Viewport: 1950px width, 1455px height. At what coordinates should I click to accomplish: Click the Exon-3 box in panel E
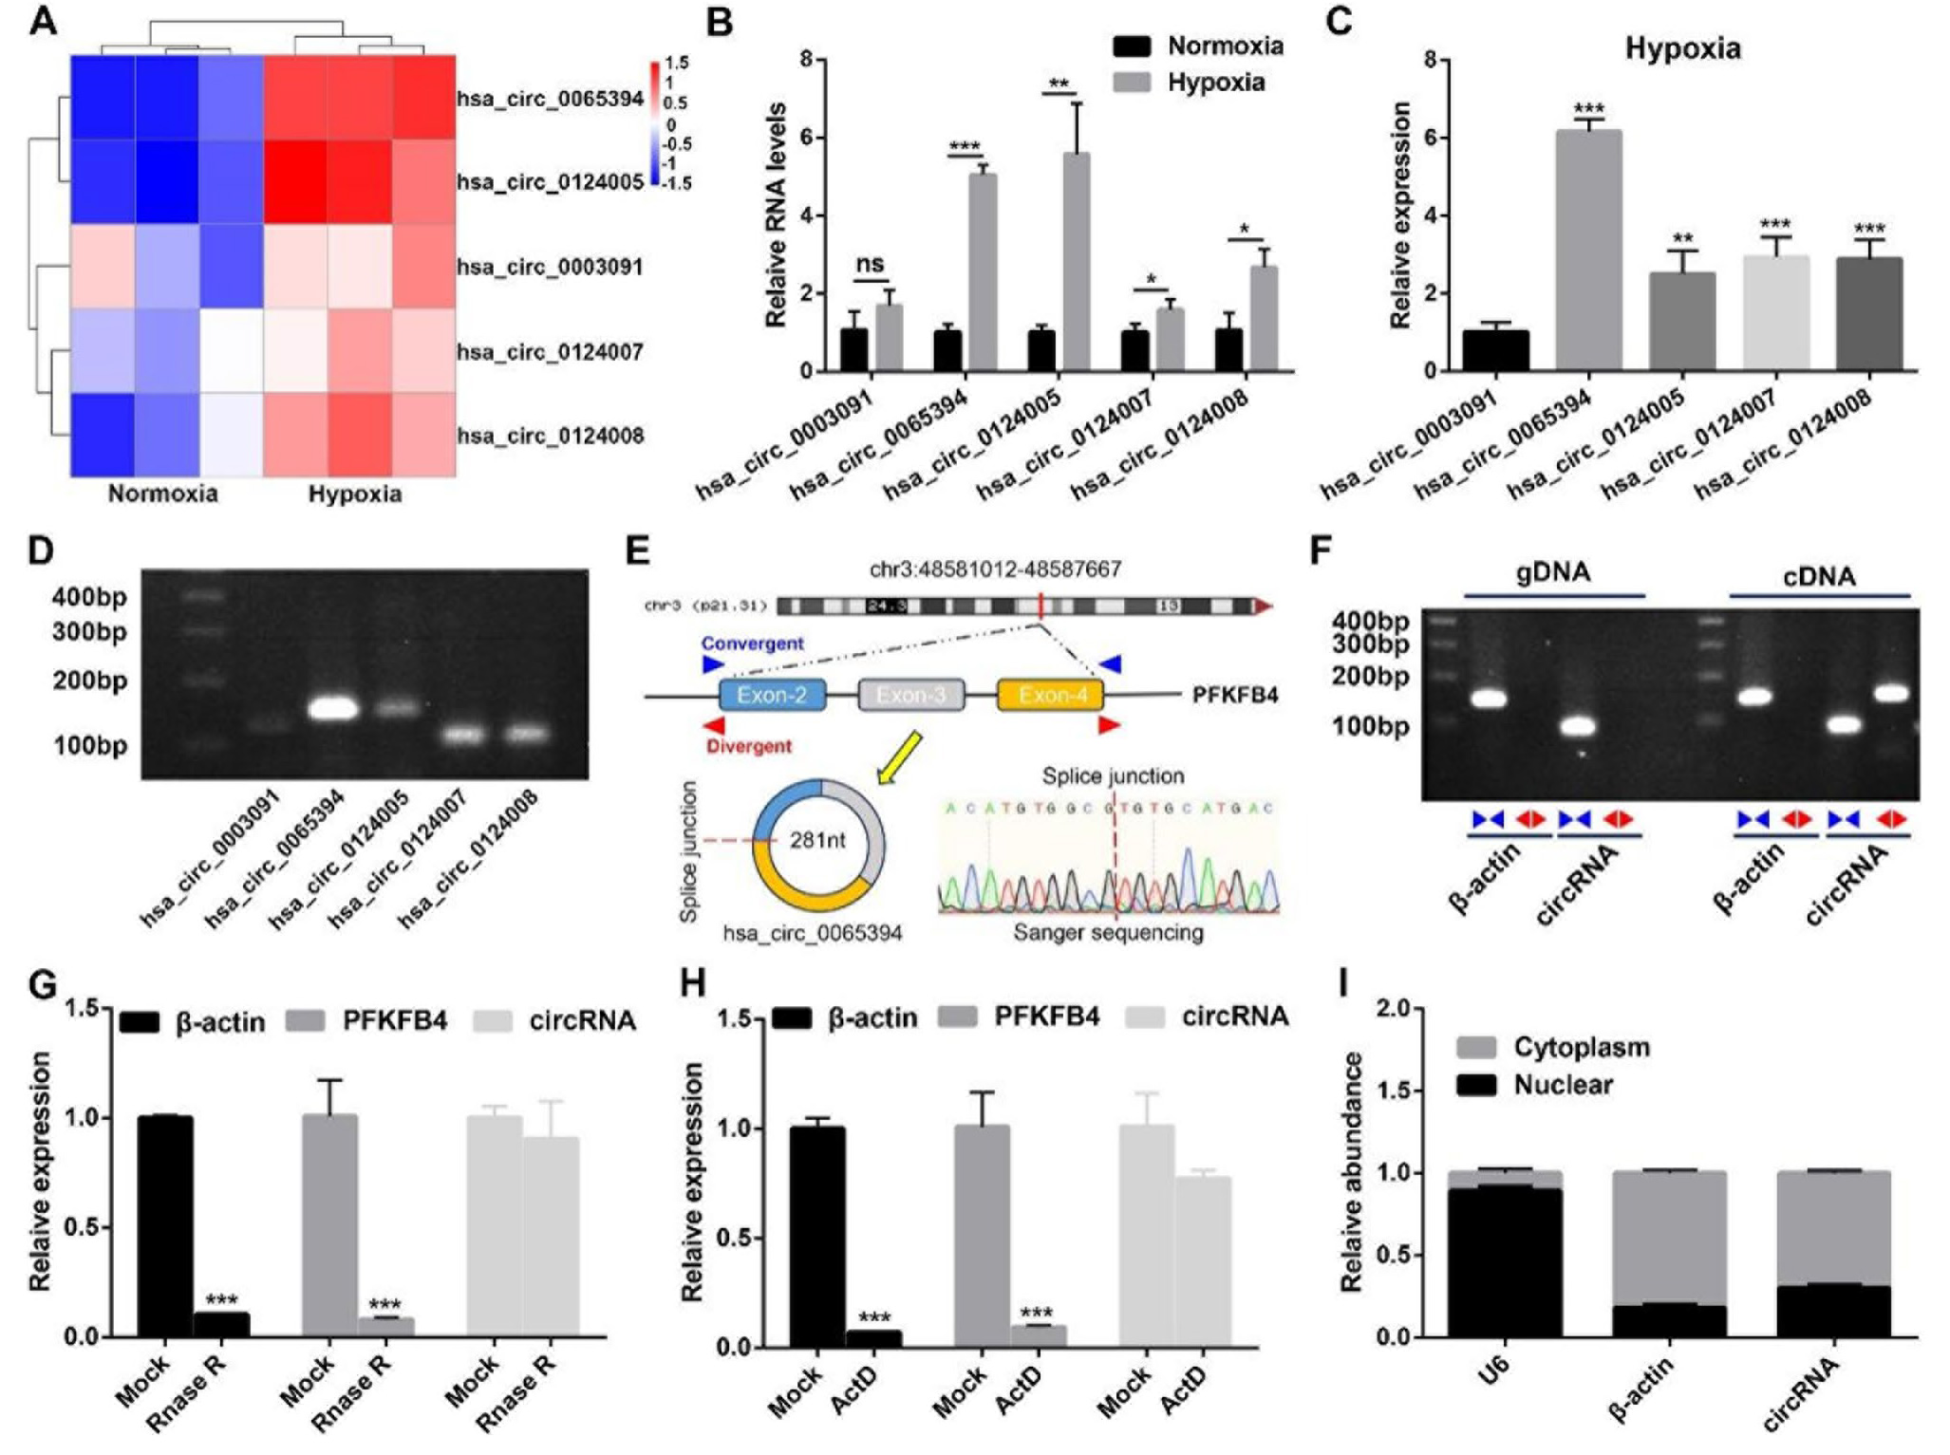pos(910,696)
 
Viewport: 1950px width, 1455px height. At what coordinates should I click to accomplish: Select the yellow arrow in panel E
pos(897,758)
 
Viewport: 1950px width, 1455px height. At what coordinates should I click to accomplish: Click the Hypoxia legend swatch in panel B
pos(1131,84)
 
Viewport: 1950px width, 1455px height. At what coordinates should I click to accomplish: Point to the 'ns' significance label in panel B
pos(870,264)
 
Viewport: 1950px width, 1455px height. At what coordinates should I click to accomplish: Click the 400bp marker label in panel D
pos(89,597)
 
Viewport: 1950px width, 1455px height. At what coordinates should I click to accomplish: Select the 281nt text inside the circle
pos(817,840)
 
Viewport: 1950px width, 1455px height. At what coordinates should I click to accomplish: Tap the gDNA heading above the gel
pos(1554,572)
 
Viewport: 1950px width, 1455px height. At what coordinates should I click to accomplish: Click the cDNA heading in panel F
pos(1818,576)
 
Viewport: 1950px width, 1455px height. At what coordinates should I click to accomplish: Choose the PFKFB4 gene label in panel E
pos(1234,696)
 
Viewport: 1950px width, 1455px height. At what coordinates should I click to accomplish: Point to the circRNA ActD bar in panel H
pos(1203,1261)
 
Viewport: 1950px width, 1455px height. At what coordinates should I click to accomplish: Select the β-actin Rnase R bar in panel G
pos(221,1325)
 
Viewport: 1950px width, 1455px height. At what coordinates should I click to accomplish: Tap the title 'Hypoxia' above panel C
pos(1682,48)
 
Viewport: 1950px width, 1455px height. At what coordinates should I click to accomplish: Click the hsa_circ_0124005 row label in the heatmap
pos(550,181)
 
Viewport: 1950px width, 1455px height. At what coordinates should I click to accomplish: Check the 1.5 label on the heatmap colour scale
pos(677,63)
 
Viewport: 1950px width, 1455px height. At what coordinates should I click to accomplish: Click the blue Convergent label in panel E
pos(752,644)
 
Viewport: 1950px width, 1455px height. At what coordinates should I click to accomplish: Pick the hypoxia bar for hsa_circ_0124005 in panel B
pos(1076,262)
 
